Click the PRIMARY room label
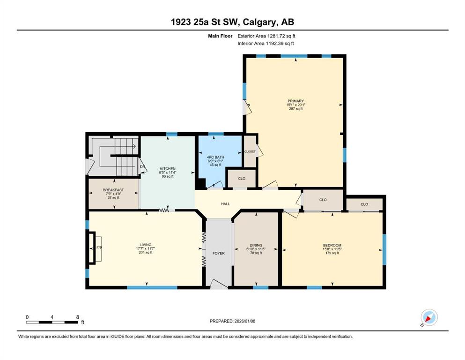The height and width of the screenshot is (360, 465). click(x=295, y=101)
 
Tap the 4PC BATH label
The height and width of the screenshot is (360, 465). click(x=215, y=157)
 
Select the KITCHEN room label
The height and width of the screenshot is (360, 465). click(x=168, y=169)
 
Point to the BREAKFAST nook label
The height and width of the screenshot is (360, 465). click(x=113, y=190)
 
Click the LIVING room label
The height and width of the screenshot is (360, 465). click(x=146, y=245)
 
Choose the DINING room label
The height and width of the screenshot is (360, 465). click(x=256, y=246)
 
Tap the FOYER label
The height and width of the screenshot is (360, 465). click(x=219, y=253)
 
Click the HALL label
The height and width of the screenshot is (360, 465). click(x=225, y=204)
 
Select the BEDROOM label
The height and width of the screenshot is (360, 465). click(x=332, y=246)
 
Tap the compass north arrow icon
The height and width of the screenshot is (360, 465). click(x=429, y=317)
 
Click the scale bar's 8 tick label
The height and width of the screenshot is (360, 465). click(x=78, y=317)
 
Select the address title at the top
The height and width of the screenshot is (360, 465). click(x=232, y=22)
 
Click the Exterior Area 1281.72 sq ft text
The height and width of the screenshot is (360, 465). click(x=266, y=36)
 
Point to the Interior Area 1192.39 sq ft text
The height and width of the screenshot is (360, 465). click(x=266, y=43)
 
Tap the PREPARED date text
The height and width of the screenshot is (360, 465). click(x=232, y=321)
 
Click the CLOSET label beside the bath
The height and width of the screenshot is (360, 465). click(x=250, y=151)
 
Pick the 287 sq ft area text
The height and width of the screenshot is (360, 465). click(x=295, y=109)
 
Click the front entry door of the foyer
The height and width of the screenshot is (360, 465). click(x=219, y=284)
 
